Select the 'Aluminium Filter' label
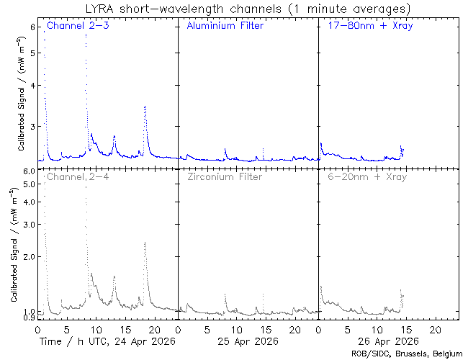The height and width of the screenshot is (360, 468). [225, 26]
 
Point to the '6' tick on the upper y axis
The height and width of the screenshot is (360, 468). [32, 27]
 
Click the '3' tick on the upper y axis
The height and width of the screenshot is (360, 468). [32, 127]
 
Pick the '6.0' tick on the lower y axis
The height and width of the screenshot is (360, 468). [29, 171]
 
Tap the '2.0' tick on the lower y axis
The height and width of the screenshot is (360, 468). [29, 256]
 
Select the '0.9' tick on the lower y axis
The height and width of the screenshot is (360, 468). [29, 318]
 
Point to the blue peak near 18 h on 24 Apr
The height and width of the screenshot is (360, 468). [145, 107]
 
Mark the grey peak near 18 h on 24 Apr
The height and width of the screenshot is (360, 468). [145, 243]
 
